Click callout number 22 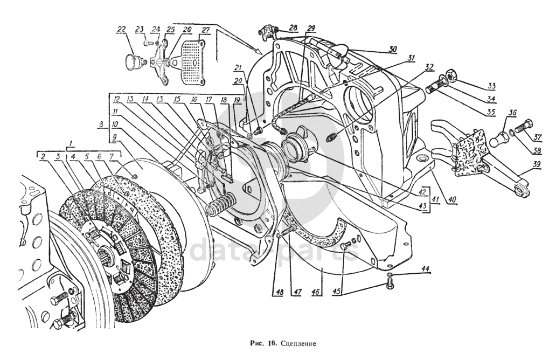pyautogui.click(x=122, y=29)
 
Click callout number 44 pyautogui.click(x=426, y=268)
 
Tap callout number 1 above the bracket pyautogui.click(x=69, y=143)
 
